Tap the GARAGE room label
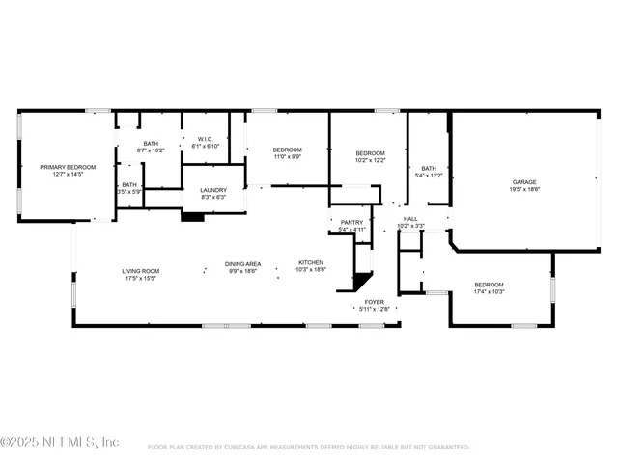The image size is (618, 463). click(524, 181)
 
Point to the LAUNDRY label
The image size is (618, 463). click(213, 190)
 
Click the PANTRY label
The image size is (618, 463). click(351, 222)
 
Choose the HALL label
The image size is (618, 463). click(410, 218)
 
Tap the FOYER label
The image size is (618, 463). click(374, 301)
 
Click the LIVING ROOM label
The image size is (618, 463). click(140, 271)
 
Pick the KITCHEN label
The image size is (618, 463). click(311, 262)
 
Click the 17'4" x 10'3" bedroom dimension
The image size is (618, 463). click(489, 291)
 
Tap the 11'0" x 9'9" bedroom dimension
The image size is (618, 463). click(287, 156)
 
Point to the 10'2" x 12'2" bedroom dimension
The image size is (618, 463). click(370, 161)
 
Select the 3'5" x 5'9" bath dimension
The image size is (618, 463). click(128, 192)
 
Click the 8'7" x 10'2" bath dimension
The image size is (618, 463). click(151, 150)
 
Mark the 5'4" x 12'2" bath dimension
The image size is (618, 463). click(428, 176)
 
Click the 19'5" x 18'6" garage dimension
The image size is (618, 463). click(524, 189)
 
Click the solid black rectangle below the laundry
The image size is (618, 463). click(193, 217)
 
